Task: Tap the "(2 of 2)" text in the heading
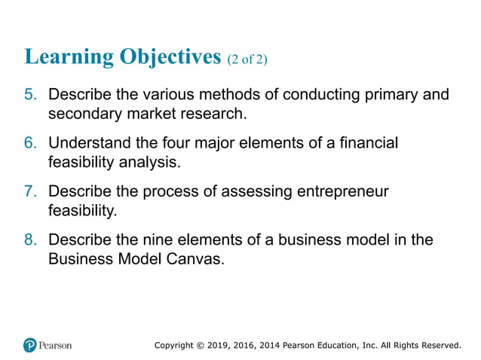(247, 59)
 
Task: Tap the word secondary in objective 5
(84, 114)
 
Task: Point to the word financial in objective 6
(366, 143)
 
